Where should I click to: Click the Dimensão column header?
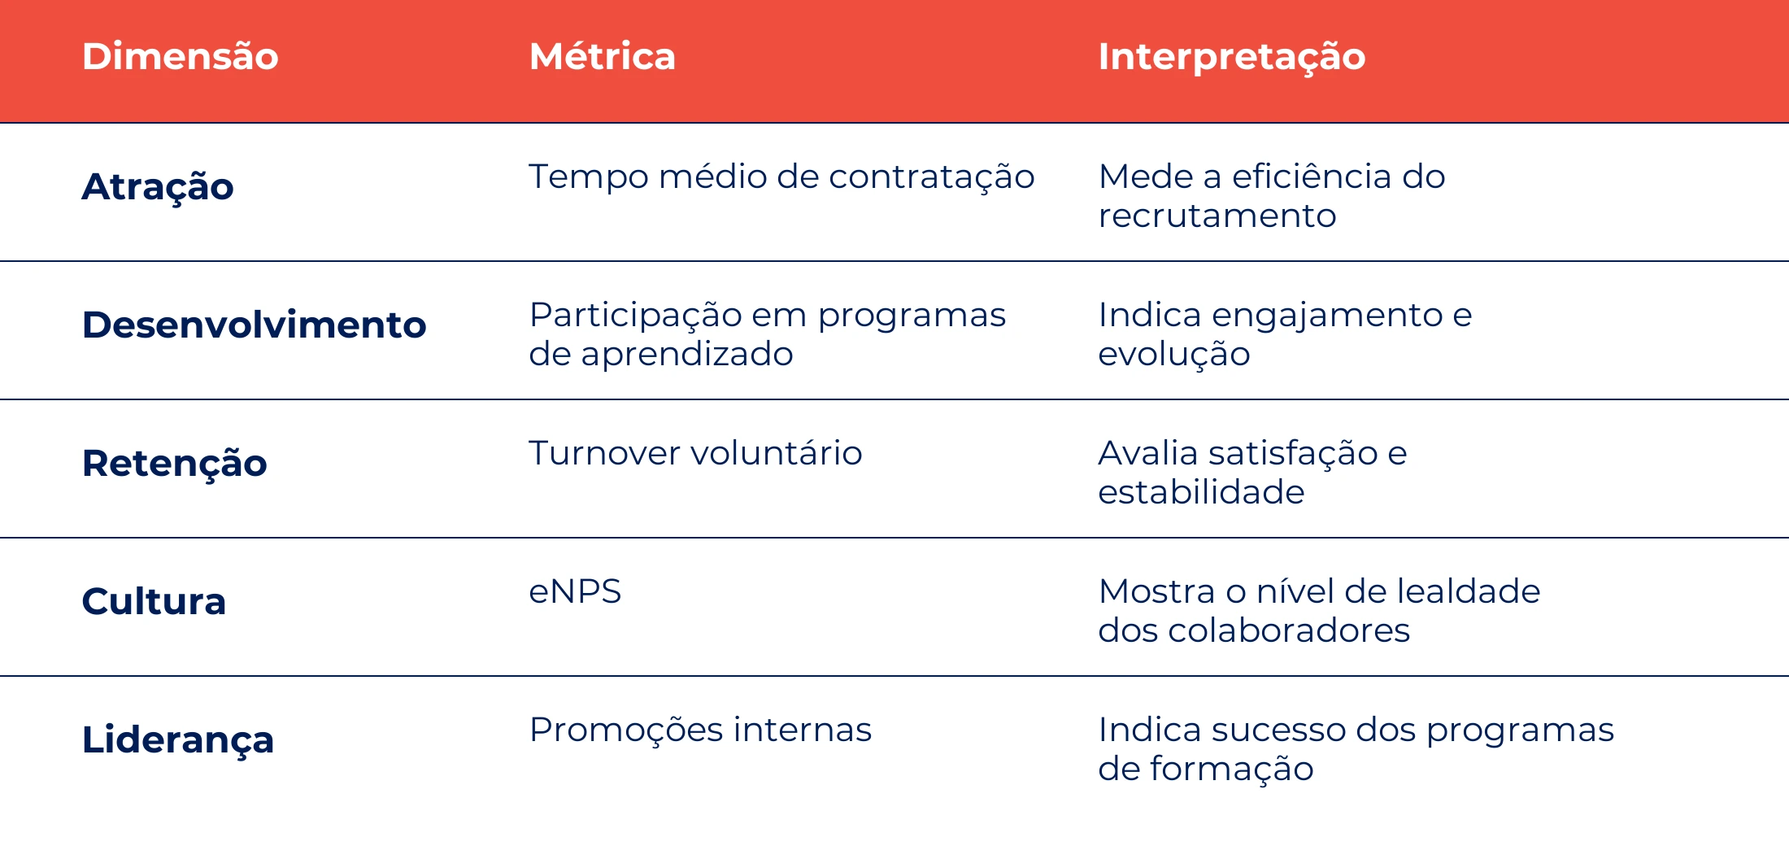click(181, 56)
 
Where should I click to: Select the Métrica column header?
click(603, 56)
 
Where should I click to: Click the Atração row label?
click(158, 187)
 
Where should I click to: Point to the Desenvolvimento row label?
click(255, 325)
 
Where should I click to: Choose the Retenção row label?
click(175, 464)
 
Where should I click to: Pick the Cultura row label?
click(154, 601)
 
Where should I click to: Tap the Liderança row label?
click(178, 740)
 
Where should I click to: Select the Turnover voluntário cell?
click(695, 453)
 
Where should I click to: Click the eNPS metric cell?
click(575, 591)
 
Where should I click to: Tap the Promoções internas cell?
click(700, 730)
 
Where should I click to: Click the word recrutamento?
click(1217, 216)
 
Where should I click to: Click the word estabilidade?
click(1201, 492)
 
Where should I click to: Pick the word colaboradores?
click(1289, 630)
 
